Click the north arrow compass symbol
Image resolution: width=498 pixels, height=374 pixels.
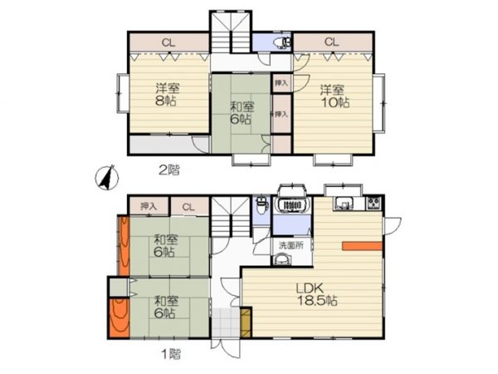point(107,178)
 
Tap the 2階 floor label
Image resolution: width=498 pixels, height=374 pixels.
point(169,170)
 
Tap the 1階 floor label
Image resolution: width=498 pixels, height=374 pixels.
point(172,354)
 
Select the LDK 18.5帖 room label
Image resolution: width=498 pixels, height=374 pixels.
point(317,294)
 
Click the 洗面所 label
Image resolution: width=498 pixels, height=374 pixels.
point(291,245)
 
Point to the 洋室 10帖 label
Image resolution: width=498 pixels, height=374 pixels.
point(334,96)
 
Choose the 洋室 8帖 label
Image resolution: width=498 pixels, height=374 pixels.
point(167,94)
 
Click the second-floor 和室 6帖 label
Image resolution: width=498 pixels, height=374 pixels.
point(242,112)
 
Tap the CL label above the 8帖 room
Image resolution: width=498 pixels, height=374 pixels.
point(168,42)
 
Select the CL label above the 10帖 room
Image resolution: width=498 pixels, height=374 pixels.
point(331,42)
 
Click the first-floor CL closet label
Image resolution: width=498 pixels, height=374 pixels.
point(188,207)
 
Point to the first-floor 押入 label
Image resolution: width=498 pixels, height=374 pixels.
point(149,207)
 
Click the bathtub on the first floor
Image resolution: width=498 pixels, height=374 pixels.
point(292,204)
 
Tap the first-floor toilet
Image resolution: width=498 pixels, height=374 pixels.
point(261,205)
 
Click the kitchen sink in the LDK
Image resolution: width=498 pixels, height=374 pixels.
point(343,204)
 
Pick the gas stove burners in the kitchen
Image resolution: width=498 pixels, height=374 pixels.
point(373,204)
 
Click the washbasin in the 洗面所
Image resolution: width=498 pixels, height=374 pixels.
point(282,259)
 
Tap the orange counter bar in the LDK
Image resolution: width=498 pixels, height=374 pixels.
point(362,246)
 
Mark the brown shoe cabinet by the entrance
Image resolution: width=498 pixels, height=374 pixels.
point(246,322)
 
